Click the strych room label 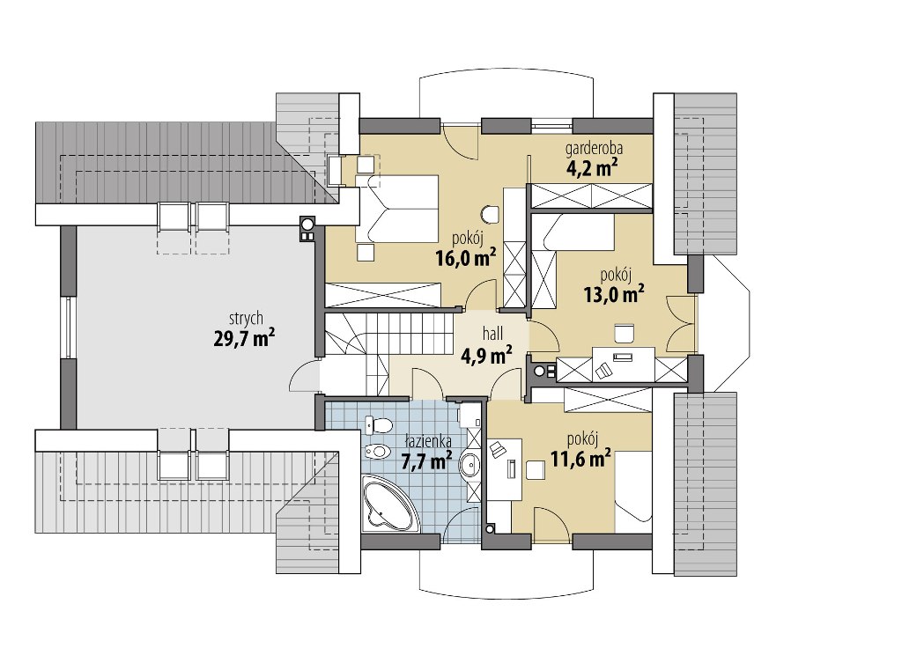[246, 319]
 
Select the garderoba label [595, 150]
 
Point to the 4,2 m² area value [593, 168]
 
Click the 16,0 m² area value [466, 257]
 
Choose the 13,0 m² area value [614, 293]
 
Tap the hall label [493, 334]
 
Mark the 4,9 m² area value [486, 356]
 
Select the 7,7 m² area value [425, 460]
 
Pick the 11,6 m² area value [581, 459]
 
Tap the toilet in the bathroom [378, 425]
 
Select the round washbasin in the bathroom [470, 465]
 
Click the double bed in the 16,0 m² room [397, 209]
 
